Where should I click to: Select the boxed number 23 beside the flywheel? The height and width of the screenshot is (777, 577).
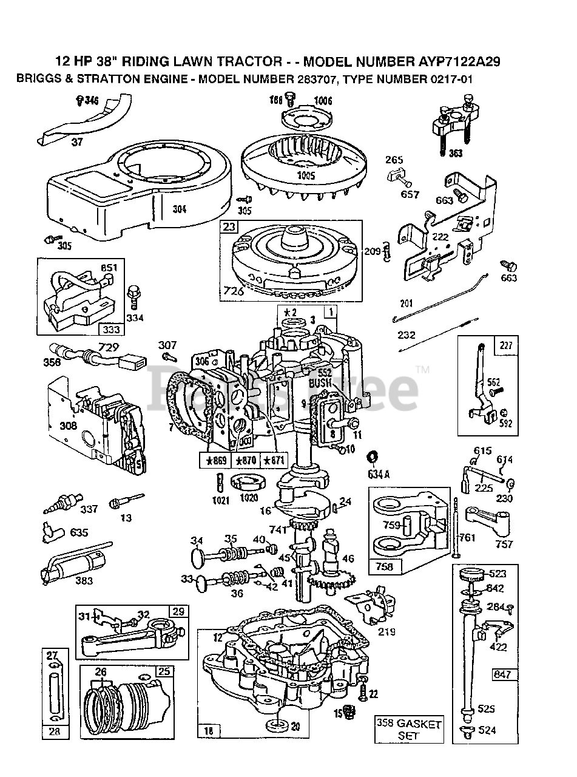(228, 228)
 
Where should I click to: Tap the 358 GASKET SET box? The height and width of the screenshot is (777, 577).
(408, 729)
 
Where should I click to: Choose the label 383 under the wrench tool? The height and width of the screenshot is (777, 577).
(84, 581)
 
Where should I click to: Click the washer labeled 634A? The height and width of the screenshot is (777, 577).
(371, 456)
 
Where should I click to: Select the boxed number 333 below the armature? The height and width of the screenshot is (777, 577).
(113, 330)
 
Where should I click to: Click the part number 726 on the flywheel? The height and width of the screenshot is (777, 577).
(234, 291)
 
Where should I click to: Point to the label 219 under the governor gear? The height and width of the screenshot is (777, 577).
(386, 631)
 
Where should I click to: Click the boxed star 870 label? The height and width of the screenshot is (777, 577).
(246, 461)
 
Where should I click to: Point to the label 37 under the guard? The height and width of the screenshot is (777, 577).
(77, 143)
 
